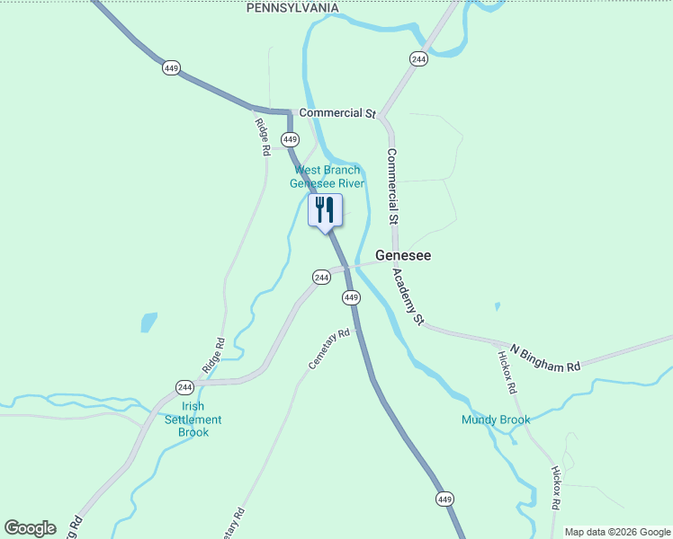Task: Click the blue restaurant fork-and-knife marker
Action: [325, 211]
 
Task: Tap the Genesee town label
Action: [402, 256]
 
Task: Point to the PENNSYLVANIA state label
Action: [293, 8]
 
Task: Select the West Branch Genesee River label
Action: [328, 177]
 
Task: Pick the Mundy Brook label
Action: [496, 420]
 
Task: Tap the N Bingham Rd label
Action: [545, 358]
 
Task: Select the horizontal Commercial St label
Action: [336, 113]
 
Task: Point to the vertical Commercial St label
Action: [392, 186]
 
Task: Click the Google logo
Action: [30, 528]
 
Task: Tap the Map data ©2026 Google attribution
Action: [617, 532]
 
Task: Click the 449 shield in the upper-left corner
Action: [171, 67]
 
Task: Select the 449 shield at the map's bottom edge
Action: [444, 499]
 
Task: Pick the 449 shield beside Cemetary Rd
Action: [351, 297]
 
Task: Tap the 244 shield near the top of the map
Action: [417, 58]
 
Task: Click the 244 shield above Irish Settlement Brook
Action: [184, 387]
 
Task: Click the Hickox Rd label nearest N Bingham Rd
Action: [507, 373]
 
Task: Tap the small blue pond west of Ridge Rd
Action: [148, 322]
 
